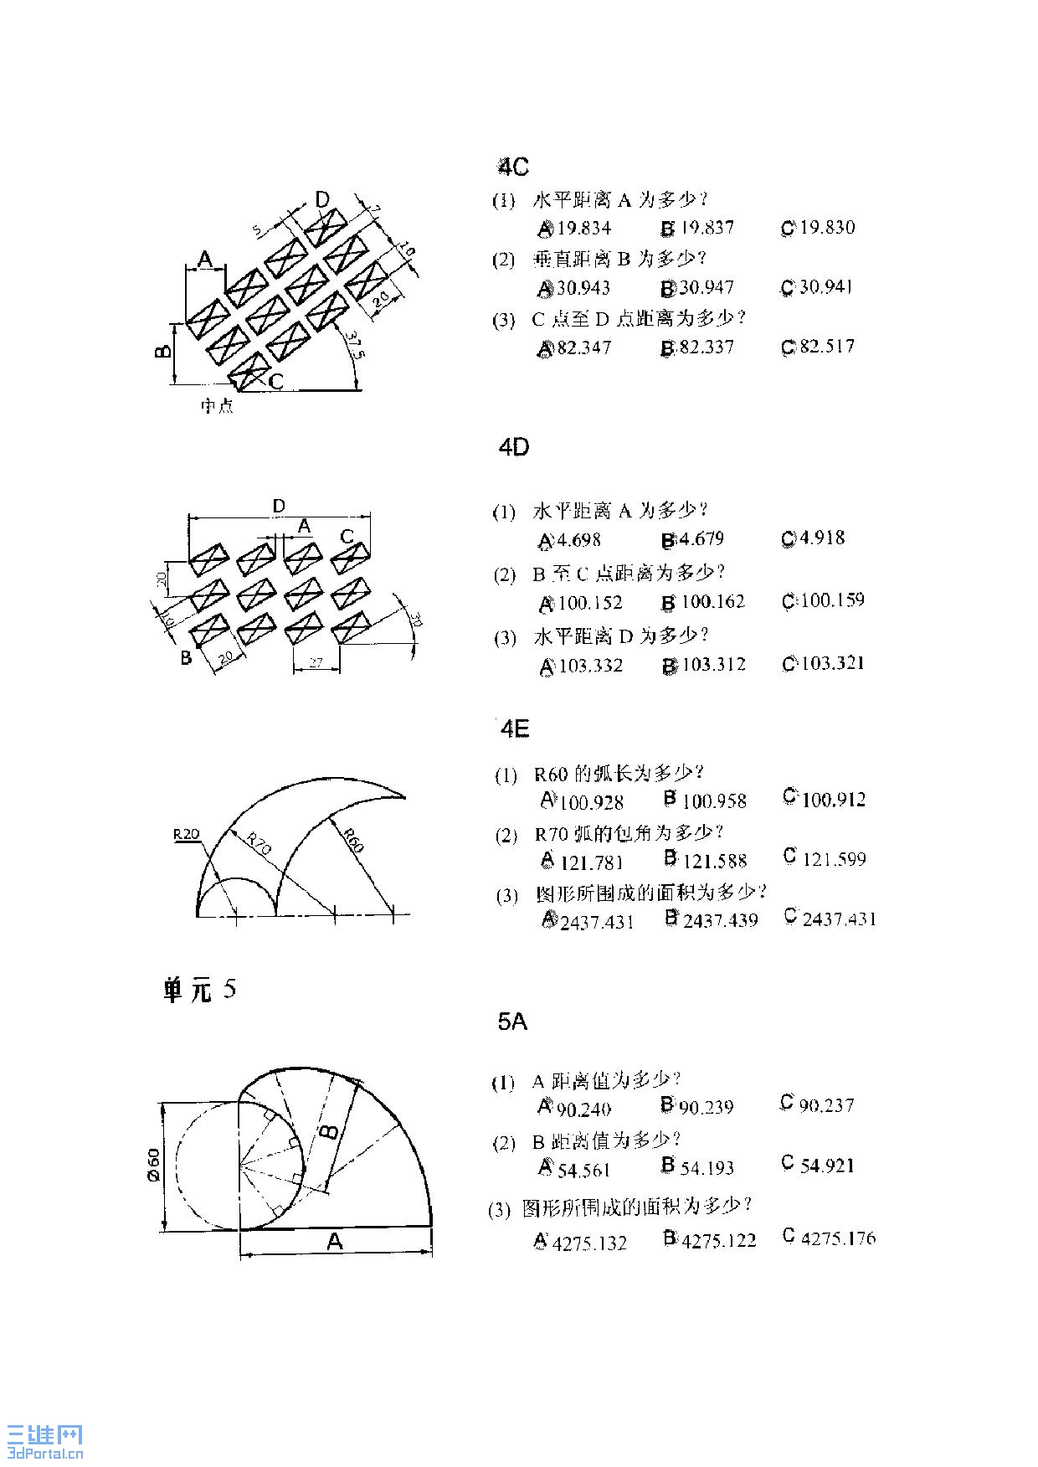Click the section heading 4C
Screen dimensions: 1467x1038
[513, 167]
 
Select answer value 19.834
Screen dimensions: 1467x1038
[584, 228]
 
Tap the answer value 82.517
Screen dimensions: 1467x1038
[827, 347]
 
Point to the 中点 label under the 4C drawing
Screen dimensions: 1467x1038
[217, 406]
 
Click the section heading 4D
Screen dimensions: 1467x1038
[513, 447]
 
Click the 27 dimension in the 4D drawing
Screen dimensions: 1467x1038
[316, 662]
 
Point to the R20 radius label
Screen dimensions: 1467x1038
[187, 834]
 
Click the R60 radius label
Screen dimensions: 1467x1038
[352, 840]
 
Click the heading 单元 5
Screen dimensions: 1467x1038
[199, 991]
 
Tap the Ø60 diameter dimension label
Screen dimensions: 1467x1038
[153, 1165]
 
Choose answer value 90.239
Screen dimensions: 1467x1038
[706, 1107]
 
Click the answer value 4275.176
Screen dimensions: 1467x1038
[838, 1238]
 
